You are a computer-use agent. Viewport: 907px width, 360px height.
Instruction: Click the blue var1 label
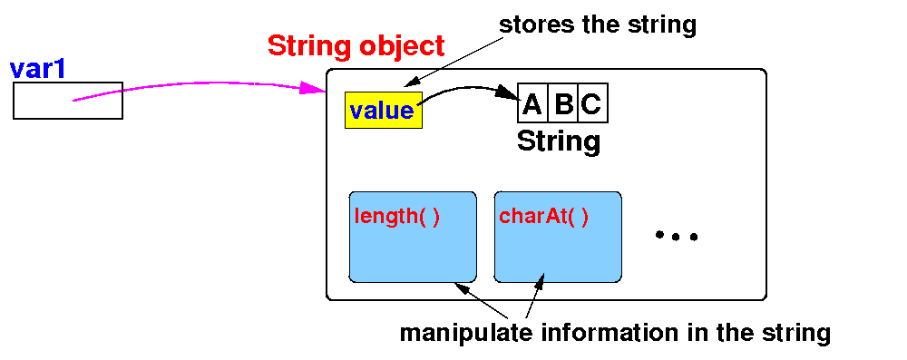pos(37,69)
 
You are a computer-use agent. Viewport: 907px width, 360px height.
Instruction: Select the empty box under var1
pos(68,101)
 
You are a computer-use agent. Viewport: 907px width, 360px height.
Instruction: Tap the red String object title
pos(356,46)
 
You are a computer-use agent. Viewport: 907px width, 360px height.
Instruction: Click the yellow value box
pos(384,110)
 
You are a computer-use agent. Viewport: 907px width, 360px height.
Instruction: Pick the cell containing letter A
pos(532,103)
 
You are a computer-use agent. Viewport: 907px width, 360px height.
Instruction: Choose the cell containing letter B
pos(563,103)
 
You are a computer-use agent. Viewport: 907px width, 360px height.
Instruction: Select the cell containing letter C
pos(593,103)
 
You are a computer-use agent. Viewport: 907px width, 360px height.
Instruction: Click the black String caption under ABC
pos(558,141)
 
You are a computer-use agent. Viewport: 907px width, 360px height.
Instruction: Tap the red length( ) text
pos(397,217)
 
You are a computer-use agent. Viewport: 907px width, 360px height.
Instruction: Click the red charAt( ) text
pos(543,217)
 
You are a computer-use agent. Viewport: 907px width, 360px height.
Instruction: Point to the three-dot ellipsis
pos(677,236)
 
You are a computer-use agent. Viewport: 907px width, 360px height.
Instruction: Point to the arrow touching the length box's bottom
pos(482,301)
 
